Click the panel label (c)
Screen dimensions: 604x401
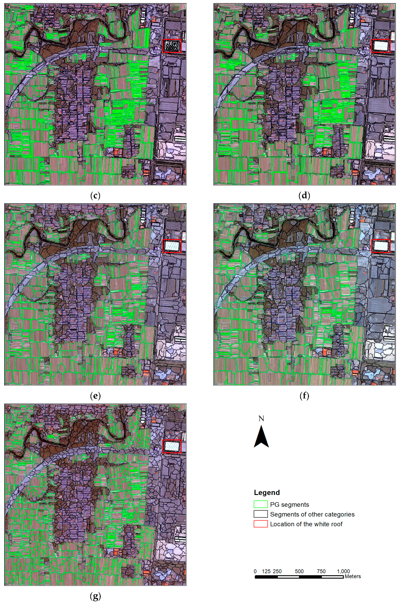point(95,196)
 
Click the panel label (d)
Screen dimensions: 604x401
point(304,196)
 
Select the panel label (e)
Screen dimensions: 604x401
point(95,396)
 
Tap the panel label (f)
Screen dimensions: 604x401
point(304,396)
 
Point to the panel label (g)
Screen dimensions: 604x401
point(95,597)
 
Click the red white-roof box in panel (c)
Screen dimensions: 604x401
point(172,46)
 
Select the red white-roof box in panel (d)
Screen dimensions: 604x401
point(381,46)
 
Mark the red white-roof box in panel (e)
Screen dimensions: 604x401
point(172,246)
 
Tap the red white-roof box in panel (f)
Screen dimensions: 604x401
point(381,246)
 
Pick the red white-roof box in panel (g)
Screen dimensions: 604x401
point(172,446)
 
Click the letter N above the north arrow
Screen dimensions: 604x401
point(261,419)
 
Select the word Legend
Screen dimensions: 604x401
point(267,493)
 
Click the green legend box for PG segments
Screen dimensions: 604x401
point(261,504)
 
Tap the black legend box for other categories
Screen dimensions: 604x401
point(261,514)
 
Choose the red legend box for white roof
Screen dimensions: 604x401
point(261,524)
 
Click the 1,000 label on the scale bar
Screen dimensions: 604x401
point(343,571)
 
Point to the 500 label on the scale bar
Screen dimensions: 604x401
point(299,571)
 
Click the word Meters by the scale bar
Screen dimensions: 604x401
point(353,576)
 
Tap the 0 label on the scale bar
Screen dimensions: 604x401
point(255,571)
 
